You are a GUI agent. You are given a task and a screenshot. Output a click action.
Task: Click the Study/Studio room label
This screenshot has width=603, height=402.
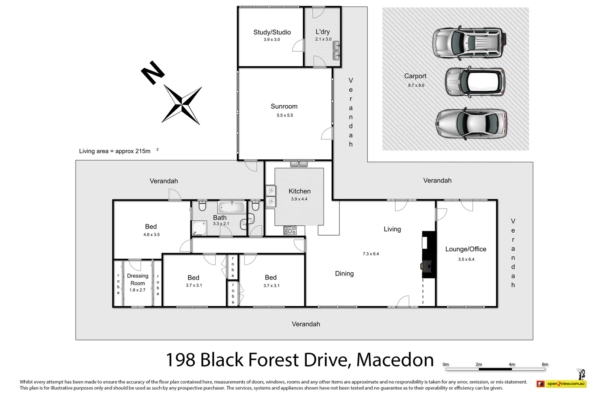pos(272,32)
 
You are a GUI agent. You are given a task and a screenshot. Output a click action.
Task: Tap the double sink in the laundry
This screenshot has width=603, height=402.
pos(336,51)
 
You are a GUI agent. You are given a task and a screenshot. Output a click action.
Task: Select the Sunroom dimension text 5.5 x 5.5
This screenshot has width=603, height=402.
pos(284,115)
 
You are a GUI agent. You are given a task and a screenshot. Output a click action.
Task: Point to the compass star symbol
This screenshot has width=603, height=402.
pos(182,105)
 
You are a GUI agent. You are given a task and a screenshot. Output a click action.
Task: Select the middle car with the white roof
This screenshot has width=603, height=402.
pos(475,83)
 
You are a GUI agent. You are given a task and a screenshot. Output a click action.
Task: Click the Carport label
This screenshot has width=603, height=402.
pos(415,76)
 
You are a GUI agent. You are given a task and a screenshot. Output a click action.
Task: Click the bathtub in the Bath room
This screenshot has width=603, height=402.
pos(231,207)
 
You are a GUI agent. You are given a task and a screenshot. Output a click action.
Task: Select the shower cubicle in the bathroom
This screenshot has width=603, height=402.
pos(199,228)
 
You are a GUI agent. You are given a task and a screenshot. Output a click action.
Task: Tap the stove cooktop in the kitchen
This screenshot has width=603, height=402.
pos(290,230)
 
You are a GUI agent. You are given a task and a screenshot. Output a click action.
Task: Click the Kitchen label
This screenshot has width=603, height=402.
pos(299,191)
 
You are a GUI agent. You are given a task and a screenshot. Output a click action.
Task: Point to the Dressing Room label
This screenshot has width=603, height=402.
pos(137,280)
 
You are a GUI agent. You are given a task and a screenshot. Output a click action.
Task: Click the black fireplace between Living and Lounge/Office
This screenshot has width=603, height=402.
pos(428,255)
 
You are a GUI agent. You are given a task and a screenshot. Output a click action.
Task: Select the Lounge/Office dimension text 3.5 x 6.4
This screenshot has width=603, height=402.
pos(466,259)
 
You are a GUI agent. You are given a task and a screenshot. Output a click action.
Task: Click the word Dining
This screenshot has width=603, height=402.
pos(344,274)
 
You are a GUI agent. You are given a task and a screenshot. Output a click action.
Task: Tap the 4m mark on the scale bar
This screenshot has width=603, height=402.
pos(512,365)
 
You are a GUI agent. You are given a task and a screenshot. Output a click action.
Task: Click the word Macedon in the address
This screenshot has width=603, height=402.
pos(395,360)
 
